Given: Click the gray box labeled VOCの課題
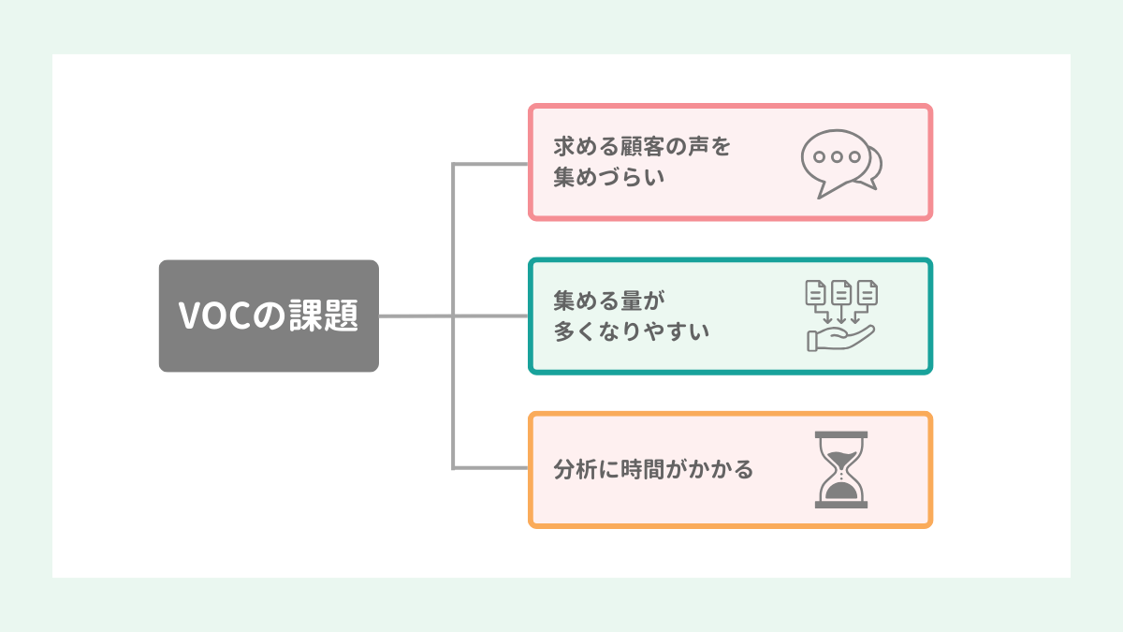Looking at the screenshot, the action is pos(269,316).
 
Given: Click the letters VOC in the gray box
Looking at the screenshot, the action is pos(214,316).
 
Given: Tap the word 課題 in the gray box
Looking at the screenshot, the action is pos(324,316).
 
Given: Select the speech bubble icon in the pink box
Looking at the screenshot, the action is pos(841,164).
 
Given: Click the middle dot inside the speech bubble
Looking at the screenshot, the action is pos(837,157).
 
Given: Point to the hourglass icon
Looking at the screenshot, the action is pos(841,470).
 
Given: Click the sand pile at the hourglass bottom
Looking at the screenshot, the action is pos(841,491).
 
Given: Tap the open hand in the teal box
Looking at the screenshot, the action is pos(840,339).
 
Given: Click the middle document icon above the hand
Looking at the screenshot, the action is pos(841,292).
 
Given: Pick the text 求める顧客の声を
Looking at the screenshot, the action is pos(642,146).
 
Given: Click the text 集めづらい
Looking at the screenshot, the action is pos(609,177).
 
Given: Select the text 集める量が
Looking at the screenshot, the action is pos(609,301).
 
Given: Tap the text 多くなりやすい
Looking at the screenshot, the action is pos(632,331).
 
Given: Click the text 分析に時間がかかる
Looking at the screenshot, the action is pos(653,469).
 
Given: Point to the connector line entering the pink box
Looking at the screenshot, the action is pos(490,164).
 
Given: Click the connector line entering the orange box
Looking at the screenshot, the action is pos(490,468).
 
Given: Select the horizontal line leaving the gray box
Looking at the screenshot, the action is pos(454,316).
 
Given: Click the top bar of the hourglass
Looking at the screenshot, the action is pos(841,434).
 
